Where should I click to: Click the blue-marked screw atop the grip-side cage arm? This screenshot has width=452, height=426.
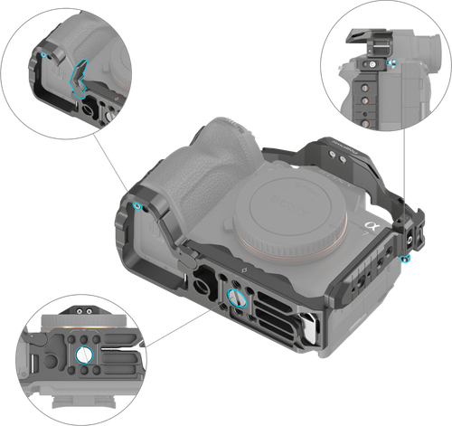[137, 206]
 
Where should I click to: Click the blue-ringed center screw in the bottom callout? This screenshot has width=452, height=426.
[83, 355]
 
